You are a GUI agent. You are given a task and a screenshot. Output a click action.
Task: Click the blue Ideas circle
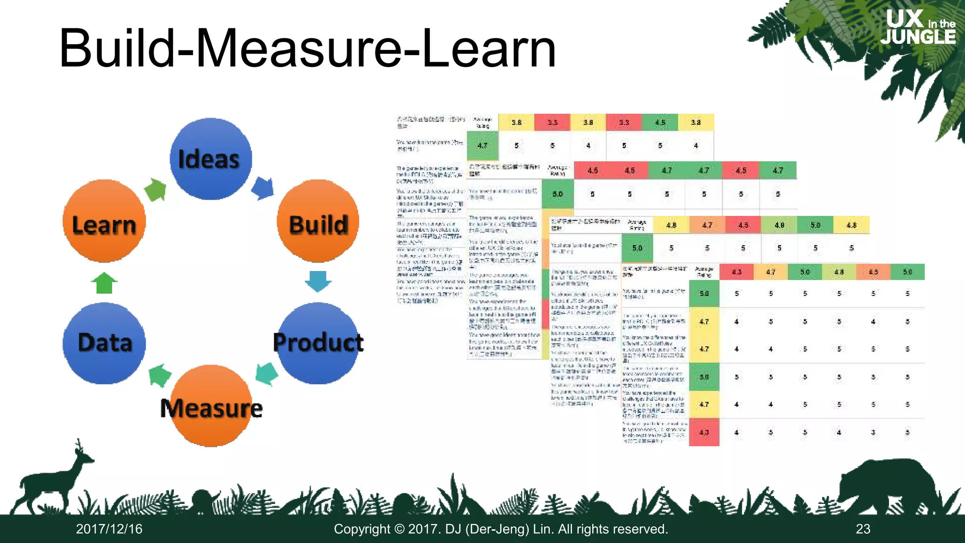[x=211, y=159]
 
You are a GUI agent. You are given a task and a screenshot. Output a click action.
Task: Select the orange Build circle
[x=318, y=221]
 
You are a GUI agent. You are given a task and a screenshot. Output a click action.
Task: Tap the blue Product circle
[x=318, y=343]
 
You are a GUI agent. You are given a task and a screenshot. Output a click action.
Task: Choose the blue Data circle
[x=104, y=343]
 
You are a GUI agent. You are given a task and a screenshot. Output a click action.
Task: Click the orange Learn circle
[x=104, y=221]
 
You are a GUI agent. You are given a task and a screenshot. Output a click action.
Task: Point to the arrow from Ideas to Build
[x=263, y=188]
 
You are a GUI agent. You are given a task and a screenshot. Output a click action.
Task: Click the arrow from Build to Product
[x=318, y=281]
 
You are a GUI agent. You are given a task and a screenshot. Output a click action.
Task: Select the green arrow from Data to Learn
[x=104, y=283]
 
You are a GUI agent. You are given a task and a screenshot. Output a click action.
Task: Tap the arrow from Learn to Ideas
[x=156, y=189]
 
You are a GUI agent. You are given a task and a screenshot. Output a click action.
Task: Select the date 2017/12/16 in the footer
[x=109, y=529]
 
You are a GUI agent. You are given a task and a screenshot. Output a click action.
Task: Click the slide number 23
[x=863, y=529]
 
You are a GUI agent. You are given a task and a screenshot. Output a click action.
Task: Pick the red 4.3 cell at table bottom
[x=704, y=432]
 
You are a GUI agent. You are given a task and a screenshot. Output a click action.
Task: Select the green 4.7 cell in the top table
[x=482, y=146]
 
